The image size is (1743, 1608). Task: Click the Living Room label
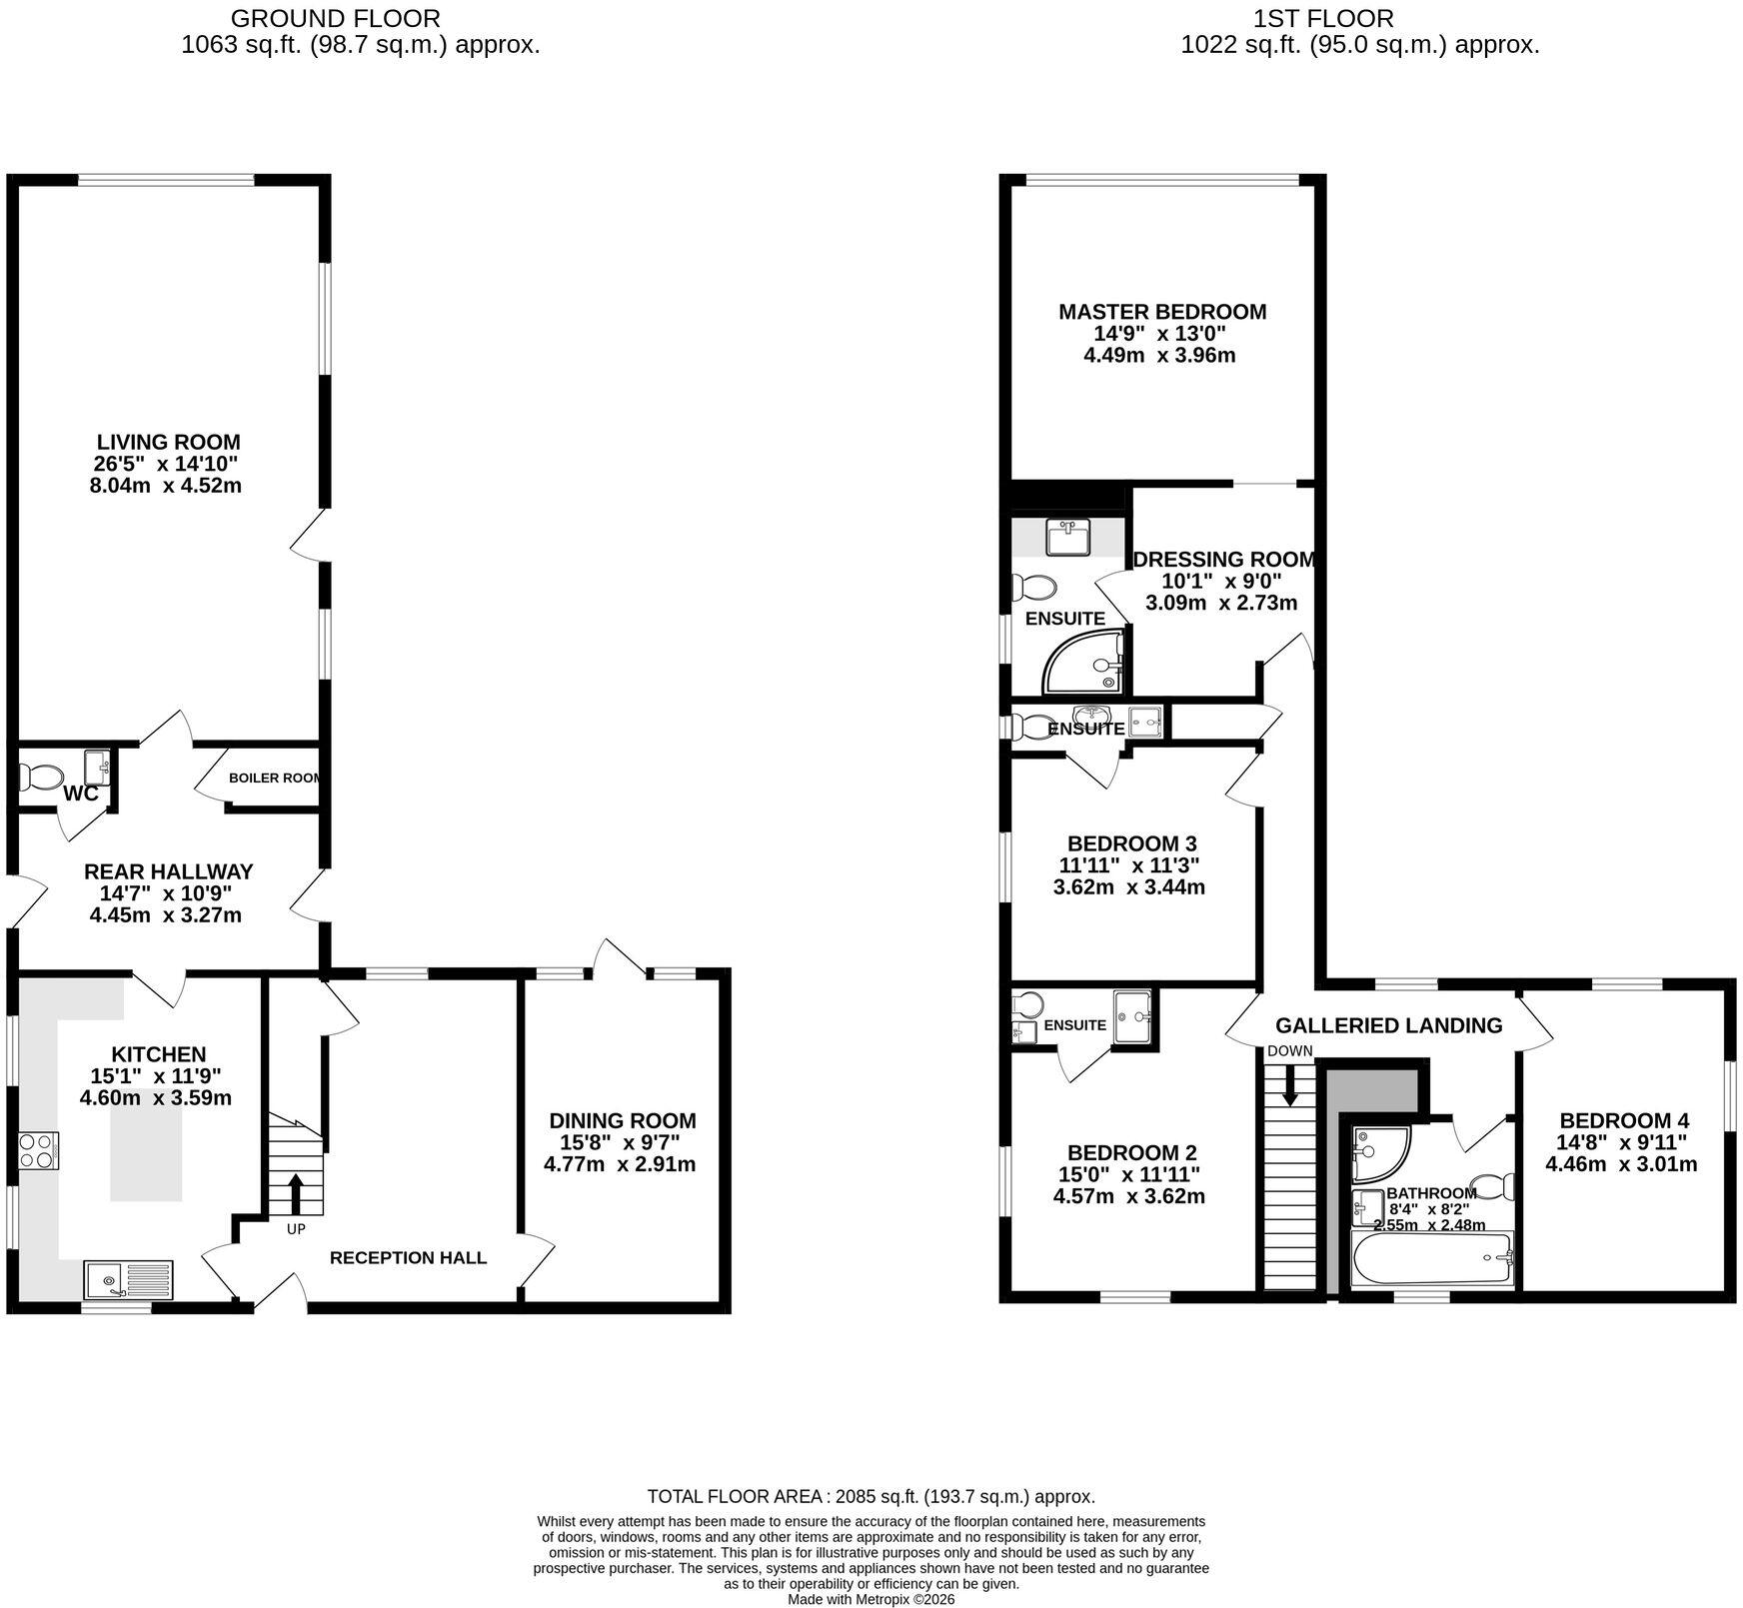169,442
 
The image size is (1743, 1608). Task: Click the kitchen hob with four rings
38,1149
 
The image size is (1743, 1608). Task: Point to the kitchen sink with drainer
128,1281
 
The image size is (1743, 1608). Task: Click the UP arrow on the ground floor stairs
296,1193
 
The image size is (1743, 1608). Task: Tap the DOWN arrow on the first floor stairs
1289,1086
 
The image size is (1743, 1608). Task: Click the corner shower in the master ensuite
1082,662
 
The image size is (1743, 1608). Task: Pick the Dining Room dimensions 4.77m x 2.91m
620,1164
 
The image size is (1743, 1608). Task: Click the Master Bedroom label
1162,312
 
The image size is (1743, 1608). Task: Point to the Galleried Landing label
1388,1025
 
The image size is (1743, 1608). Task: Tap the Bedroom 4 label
1624,1121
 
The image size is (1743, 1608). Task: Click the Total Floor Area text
871,1496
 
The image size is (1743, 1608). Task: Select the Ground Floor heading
335,18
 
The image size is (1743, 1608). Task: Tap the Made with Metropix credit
871,1599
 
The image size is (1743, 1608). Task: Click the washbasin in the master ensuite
1068,537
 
